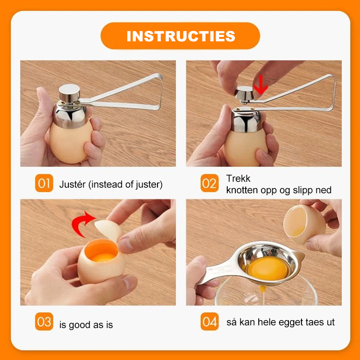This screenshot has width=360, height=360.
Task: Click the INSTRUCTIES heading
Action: click(x=181, y=36)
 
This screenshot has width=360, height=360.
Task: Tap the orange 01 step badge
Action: click(x=44, y=183)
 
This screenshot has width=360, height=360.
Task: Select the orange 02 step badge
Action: click(x=209, y=183)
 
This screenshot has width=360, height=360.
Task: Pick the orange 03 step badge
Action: click(x=44, y=321)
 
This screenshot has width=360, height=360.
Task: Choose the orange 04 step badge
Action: click(x=209, y=321)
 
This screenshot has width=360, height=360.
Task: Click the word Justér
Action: click(x=72, y=184)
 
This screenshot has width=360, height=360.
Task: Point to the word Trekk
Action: click(x=238, y=178)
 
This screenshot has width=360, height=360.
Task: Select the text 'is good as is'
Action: click(x=86, y=325)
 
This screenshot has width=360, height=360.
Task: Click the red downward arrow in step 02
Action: click(x=261, y=85)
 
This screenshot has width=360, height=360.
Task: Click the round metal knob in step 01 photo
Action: click(x=69, y=92)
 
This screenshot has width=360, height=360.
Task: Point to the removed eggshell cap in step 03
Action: click(x=108, y=230)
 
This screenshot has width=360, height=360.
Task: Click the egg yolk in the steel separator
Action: click(x=267, y=268)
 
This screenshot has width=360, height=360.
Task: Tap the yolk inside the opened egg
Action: click(x=103, y=257)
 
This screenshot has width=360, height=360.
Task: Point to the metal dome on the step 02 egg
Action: click(x=246, y=120)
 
